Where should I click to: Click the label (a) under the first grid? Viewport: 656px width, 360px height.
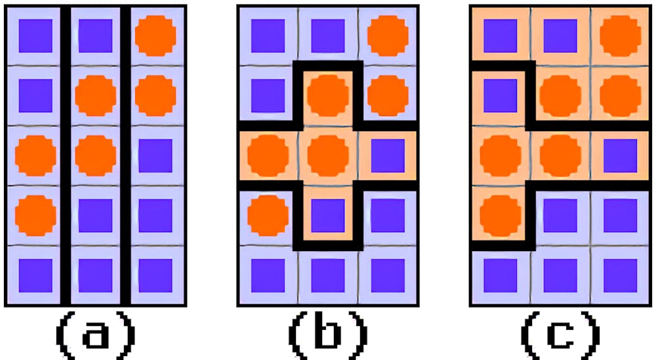point(95,335)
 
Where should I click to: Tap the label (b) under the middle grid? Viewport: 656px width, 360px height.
point(328,335)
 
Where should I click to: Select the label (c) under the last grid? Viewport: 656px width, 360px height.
point(561,335)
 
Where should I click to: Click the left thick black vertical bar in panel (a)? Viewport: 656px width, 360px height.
point(66,155)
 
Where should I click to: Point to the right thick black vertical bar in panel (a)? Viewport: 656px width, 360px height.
point(125,155)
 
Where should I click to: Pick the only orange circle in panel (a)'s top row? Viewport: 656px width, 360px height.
point(155,36)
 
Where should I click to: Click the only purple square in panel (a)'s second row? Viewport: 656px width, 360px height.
point(35,96)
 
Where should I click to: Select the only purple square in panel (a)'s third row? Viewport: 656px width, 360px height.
point(155,155)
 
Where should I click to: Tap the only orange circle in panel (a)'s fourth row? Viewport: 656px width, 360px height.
point(35,215)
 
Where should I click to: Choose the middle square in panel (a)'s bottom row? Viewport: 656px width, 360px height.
point(95,275)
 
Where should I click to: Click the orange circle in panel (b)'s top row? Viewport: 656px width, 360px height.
point(388,36)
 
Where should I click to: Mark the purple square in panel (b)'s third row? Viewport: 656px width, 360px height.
point(388,155)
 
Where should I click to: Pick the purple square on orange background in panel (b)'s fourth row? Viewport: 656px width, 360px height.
point(328,215)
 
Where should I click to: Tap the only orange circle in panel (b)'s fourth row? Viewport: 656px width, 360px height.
point(268,215)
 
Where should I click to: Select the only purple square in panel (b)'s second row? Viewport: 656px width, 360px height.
point(268,96)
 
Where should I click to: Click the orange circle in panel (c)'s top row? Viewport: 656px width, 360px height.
point(621,36)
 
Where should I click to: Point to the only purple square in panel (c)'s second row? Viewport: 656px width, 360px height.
point(501,96)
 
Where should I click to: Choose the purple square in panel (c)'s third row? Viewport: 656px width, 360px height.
point(621,155)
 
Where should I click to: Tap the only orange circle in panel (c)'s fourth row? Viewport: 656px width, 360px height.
point(501,215)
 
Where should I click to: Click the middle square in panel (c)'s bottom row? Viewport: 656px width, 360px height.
point(560,275)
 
